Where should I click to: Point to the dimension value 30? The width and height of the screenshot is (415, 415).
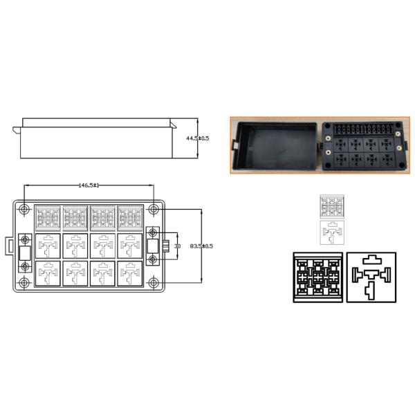177,246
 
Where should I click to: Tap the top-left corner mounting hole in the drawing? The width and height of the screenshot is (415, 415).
25,209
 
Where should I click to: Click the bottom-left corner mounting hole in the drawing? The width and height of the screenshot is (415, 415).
25,282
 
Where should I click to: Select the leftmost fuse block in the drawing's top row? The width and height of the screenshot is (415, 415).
47,219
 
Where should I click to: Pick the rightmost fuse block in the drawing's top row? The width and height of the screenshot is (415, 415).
129,219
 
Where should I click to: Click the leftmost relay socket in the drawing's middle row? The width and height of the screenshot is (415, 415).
47,246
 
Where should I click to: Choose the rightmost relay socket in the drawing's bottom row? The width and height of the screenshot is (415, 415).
129,273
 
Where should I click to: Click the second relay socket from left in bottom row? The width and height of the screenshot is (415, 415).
75,273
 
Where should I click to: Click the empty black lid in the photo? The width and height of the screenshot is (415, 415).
272,146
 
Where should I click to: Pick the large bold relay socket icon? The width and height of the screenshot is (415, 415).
372,277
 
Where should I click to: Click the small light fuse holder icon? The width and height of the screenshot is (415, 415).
333,207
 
